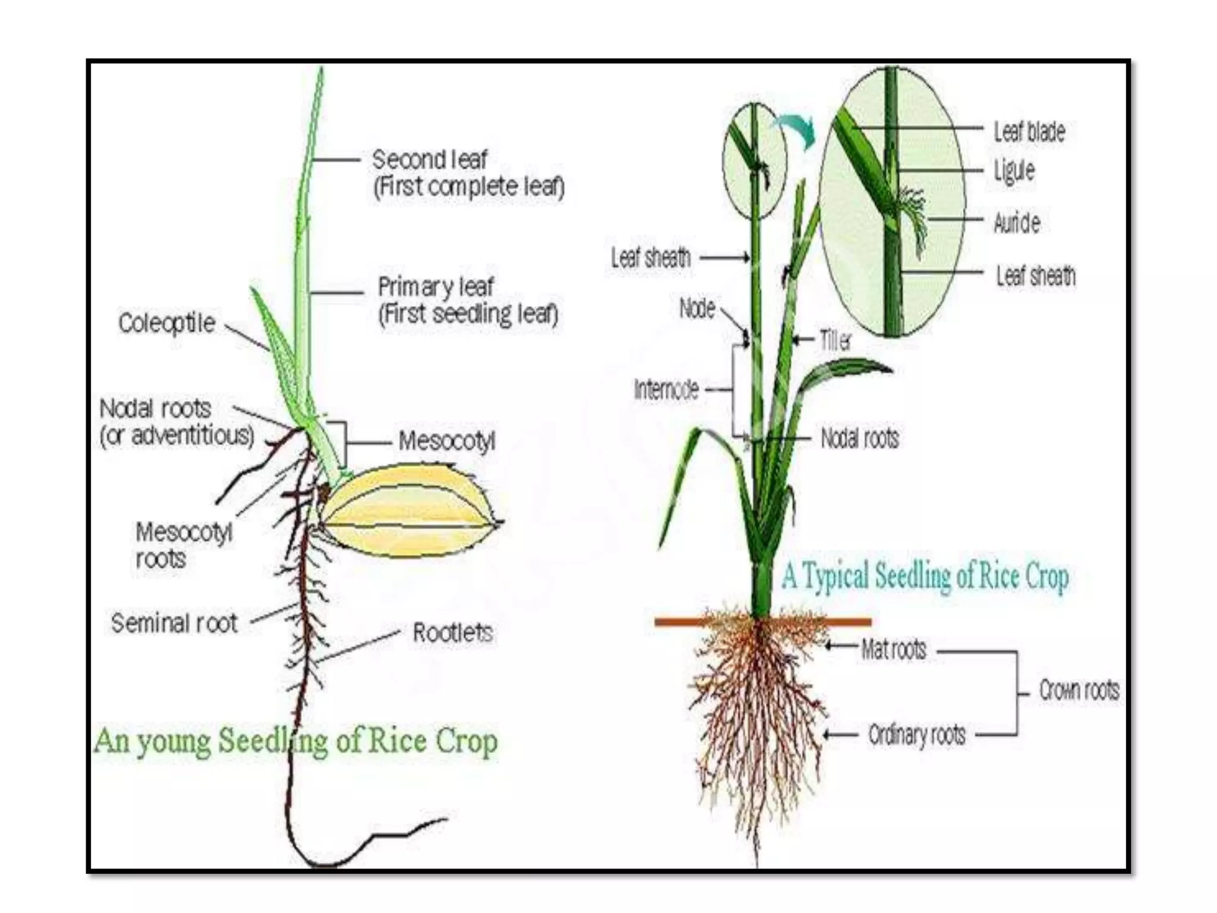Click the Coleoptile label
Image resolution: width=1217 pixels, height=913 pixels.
pos(166,323)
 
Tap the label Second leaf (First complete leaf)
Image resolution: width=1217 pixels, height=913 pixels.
pos(468,173)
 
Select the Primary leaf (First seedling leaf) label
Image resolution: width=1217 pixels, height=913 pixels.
pos(468,301)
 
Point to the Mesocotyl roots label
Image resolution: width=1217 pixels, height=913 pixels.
pos(183,545)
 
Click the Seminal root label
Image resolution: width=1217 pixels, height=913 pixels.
pos(174,623)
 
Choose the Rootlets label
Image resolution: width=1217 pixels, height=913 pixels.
pos(453,632)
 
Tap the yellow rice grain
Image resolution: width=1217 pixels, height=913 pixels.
pos(410,511)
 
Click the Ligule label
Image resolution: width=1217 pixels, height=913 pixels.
pos(1014,171)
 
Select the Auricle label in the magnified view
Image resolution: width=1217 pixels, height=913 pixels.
pos(1017,223)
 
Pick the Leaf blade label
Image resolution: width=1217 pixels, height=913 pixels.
pos(1029,131)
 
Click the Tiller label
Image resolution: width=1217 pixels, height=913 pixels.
pos(835,341)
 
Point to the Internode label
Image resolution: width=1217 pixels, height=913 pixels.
pos(666,390)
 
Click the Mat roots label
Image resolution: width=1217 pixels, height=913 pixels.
pos(894,650)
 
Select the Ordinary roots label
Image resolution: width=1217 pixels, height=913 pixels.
pos(917,735)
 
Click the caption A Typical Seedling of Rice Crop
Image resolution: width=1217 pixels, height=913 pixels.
pos(925,576)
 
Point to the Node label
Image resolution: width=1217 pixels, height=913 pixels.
pos(697,309)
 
